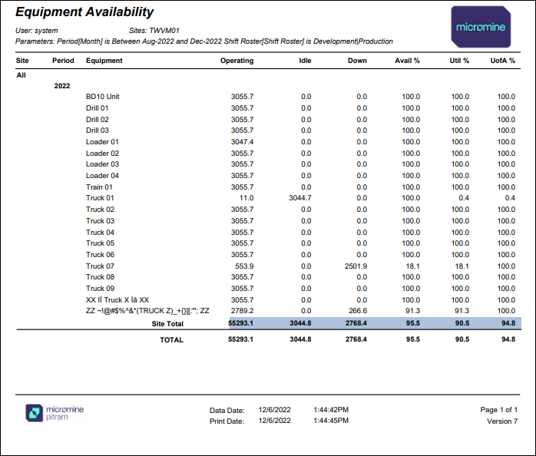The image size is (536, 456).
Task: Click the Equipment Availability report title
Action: [x=84, y=12]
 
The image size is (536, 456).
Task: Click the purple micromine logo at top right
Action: [x=481, y=27]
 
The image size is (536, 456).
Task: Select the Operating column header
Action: [x=237, y=61]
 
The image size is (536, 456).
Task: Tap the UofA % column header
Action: [x=502, y=61]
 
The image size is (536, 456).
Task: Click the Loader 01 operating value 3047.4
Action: [x=242, y=142]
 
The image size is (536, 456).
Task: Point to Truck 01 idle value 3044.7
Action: [x=299, y=198]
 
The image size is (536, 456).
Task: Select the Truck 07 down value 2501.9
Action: [x=356, y=266]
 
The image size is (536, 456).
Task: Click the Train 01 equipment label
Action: [x=99, y=187]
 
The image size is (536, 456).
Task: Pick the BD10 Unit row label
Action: [x=103, y=97]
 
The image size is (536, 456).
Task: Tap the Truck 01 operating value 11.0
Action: [x=246, y=198]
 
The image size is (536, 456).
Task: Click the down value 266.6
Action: [x=358, y=311]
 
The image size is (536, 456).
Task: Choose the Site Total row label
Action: [x=167, y=324]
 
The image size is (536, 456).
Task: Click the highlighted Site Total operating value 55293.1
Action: [x=240, y=323]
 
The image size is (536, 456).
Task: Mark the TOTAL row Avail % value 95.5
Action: [x=413, y=339]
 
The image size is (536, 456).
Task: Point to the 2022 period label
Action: [x=62, y=86]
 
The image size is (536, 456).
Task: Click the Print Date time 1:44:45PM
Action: [x=331, y=421]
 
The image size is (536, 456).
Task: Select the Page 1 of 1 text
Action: [x=498, y=409]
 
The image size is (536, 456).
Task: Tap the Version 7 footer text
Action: [x=502, y=421]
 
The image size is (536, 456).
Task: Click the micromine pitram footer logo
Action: [x=55, y=413]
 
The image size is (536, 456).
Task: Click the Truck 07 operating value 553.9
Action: [x=244, y=266]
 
